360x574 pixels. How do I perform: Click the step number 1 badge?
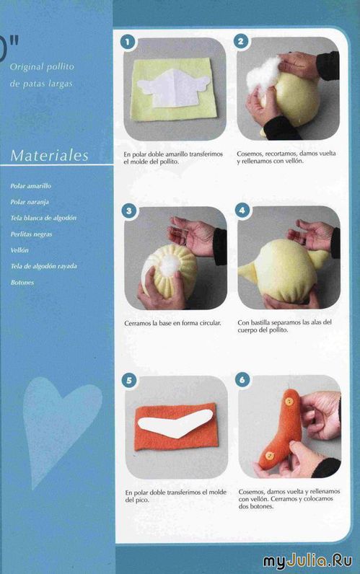pyautogui.click(x=128, y=42)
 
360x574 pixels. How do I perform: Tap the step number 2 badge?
pyautogui.click(x=241, y=41)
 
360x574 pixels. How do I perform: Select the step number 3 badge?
pyautogui.click(x=128, y=211)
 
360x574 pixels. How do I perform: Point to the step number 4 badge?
pyautogui.click(x=242, y=210)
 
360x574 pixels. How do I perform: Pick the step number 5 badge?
pyautogui.click(x=129, y=380)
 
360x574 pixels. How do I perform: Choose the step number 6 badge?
pyautogui.click(x=242, y=379)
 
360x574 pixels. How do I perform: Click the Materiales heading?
pyautogui.click(x=50, y=156)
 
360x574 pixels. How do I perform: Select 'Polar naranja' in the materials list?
pyautogui.click(x=30, y=202)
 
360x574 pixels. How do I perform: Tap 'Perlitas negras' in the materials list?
pyautogui.click(x=31, y=234)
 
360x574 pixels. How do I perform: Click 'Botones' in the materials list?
pyautogui.click(x=22, y=282)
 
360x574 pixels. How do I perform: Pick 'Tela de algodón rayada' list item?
pyautogui.click(x=43, y=266)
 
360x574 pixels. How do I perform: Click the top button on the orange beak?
pyautogui.click(x=289, y=402)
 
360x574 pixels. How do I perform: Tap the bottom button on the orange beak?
pyautogui.click(x=270, y=456)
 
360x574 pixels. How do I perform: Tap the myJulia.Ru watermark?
pyautogui.click(x=307, y=561)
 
